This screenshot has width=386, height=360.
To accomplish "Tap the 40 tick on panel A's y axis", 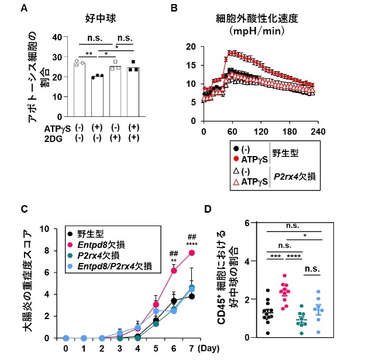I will click(57, 37).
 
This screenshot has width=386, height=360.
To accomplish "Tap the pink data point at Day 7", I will click(191, 253).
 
